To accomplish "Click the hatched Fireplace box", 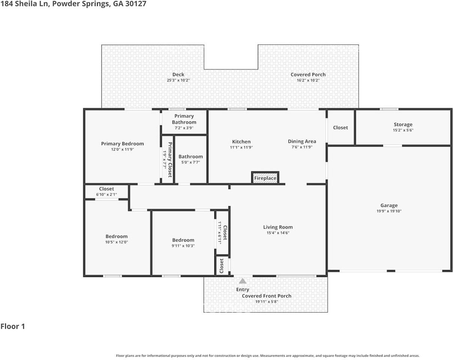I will click(x=265, y=178).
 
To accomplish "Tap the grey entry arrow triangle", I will click(x=243, y=281).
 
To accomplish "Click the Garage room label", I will click(x=389, y=205).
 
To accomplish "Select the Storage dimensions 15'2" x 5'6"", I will click(x=403, y=130).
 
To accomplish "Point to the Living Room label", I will click(x=278, y=227).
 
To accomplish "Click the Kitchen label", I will click(x=241, y=141).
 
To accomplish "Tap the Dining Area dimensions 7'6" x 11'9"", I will click(x=302, y=147).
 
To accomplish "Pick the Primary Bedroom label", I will click(x=122, y=144).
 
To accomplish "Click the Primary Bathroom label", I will click(x=184, y=119).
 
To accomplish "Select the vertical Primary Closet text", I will click(x=170, y=160).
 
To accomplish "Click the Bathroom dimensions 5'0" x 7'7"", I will click(x=190, y=162).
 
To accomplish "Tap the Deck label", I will click(x=178, y=75).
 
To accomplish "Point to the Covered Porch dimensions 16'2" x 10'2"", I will click(x=308, y=80).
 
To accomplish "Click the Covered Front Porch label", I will click(x=266, y=296).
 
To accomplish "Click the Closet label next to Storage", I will click(x=340, y=127).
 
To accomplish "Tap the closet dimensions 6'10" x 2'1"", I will click(x=106, y=195).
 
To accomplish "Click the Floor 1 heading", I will click(x=13, y=326).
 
